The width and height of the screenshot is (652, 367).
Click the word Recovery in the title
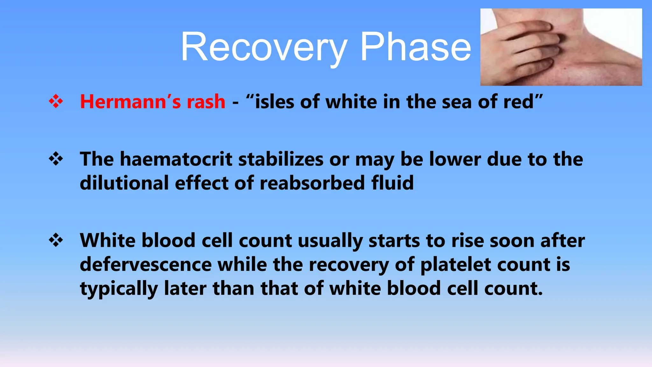pyautogui.click(x=264, y=48)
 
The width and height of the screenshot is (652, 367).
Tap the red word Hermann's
pyautogui.click(x=130, y=102)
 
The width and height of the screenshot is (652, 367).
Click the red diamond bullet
pyautogui.click(x=56, y=102)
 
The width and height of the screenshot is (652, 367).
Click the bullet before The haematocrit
pyautogui.click(x=56, y=159)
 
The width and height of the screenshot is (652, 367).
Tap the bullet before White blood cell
pyautogui.click(x=56, y=240)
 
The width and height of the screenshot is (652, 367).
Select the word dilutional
pyautogui.click(x=124, y=183)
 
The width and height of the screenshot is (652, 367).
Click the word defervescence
pyautogui.click(x=145, y=264)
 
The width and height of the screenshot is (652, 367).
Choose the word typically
pyautogui.click(x=118, y=289)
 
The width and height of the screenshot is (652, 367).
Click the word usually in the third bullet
pyautogui.click(x=330, y=240)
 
